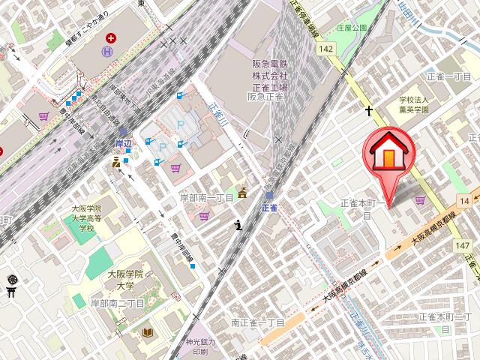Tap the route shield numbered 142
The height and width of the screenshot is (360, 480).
(x=325, y=49)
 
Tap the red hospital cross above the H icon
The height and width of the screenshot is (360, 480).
(x=112, y=37)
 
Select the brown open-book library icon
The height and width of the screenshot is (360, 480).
(x=148, y=332)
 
